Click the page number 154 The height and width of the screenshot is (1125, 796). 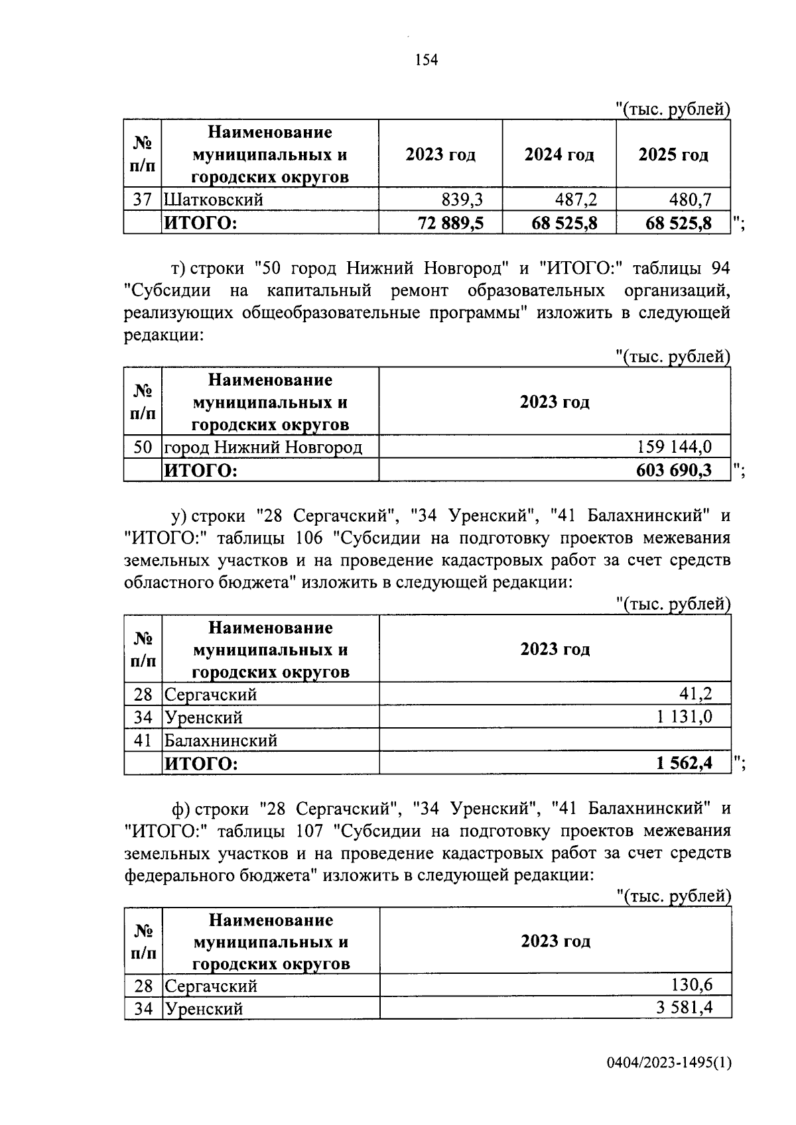427,60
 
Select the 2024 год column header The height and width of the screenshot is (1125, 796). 559,154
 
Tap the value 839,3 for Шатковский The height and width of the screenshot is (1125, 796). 462,200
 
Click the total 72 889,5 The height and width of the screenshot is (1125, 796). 450,223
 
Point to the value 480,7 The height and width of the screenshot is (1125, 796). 690,200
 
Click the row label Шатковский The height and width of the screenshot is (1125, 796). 214,200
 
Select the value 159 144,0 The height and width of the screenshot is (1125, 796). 675,447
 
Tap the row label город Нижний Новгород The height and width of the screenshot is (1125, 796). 263,447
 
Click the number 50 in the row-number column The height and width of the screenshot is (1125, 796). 143,447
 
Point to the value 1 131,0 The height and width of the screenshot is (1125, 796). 685,717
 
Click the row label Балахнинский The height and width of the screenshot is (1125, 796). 221,740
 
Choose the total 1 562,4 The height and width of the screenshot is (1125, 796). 685,764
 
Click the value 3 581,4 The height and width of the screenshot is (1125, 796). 685,1008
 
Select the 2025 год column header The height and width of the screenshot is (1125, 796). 673,154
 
